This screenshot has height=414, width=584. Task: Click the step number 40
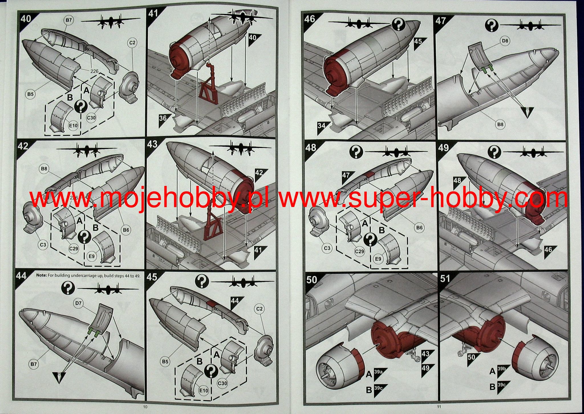click(x=26, y=19)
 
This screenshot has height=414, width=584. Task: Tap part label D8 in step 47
click(x=505, y=41)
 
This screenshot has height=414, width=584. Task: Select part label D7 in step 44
click(x=79, y=303)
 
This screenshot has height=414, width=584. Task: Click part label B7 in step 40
click(x=69, y=20)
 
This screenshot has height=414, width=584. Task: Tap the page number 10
click(x=145, y=407)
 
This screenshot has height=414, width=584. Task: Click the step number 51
click(x=445, y=278)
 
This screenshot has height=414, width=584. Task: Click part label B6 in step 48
click(x=419, y=228)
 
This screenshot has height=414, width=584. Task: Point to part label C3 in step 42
click(x=43, y=245)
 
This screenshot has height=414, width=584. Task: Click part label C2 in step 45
click(x=259, y=309)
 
